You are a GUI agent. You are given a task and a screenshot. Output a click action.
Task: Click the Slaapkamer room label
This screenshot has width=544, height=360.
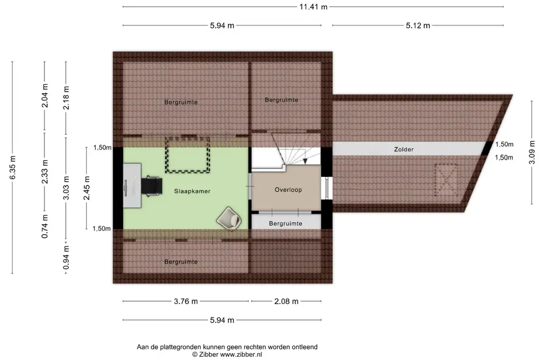click(192, 191)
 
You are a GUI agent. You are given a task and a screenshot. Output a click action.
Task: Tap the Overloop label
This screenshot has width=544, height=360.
click(288, 190)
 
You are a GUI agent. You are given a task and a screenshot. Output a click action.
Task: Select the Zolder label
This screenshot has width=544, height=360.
click(404, 149)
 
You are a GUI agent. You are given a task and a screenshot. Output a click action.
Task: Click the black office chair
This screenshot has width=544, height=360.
click(151, 185)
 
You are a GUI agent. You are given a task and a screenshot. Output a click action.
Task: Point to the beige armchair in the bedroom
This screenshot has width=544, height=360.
click(229, 218)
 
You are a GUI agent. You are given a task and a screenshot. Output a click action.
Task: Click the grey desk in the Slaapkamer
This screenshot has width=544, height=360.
click(132, 185)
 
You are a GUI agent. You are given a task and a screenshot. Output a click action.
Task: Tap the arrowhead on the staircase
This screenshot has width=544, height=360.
click(305, 161)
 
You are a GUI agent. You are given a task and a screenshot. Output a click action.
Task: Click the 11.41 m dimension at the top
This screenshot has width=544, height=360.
click(313, 6)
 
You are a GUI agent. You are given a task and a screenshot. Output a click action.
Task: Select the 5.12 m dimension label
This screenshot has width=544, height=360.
click(418, 25)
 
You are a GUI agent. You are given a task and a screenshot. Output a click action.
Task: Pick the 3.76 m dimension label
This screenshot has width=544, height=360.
click(186, 301)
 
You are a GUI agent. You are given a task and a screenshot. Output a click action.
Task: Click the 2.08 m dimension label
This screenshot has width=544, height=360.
click(286, 301)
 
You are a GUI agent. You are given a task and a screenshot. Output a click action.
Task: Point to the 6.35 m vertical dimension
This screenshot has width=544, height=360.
click(13, 168)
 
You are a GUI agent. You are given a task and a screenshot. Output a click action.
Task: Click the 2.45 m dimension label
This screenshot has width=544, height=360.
click(87, 188)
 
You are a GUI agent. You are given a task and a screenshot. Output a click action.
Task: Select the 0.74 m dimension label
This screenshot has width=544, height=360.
click(45, 226)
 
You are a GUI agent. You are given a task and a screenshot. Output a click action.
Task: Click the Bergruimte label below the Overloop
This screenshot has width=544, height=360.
click(286, 223)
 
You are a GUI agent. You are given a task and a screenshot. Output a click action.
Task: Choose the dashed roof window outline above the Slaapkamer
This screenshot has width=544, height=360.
click(187, 155)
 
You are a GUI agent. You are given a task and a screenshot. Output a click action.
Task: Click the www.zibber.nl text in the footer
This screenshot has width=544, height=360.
click(241, 354)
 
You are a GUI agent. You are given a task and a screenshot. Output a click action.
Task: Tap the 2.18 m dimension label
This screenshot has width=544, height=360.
click(66, 98)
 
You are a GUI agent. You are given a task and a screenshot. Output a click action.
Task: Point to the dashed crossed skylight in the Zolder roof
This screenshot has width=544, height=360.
click(446, 180)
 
